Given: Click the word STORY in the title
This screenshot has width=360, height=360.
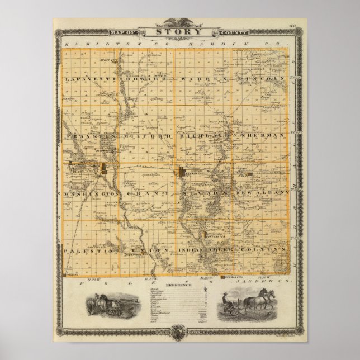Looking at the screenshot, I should point(179,32).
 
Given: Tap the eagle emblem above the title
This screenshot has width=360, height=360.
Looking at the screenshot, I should point(180,23).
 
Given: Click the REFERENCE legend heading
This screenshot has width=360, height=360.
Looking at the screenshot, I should point(180,286).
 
